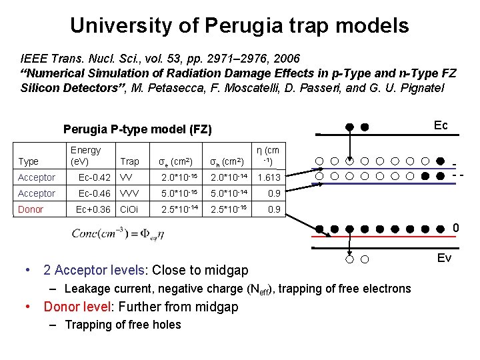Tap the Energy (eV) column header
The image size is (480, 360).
85,156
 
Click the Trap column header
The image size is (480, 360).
130,161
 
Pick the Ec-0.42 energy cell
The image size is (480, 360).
94,177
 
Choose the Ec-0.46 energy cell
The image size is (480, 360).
94,193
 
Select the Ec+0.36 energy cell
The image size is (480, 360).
93,209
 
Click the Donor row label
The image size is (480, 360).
31,209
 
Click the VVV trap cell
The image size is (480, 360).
130,193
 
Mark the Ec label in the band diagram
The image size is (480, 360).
441,126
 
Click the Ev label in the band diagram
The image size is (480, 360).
443,257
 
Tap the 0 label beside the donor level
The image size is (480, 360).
456,229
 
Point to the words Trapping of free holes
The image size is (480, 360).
123,325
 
